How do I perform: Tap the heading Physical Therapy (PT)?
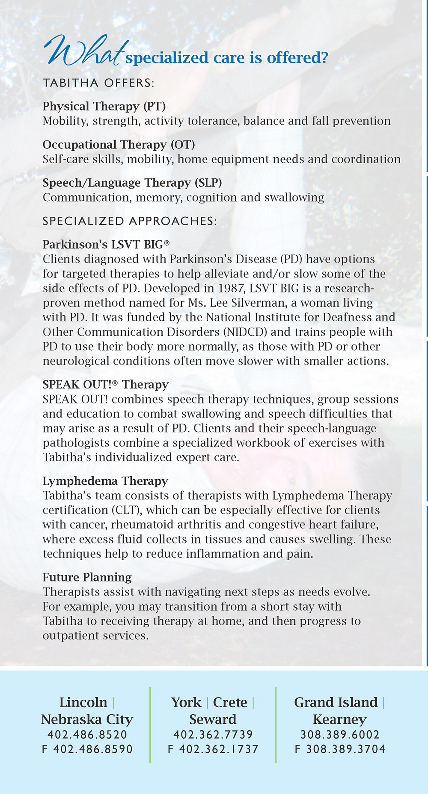click(104, 106)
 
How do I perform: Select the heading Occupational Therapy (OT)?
click(119, 145)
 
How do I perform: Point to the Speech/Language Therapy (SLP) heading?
click(132, 183)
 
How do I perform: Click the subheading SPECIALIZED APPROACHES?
click(130, 221)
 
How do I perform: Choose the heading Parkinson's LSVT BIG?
click(106, 245)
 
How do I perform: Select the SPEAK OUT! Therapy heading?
click(105, 385)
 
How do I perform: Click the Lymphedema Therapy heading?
click(105, 481)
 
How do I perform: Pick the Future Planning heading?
click(87, 577)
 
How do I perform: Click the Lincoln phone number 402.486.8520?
click(87, 735)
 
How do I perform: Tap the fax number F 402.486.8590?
click(87, 749)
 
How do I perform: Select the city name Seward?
click(213, 719)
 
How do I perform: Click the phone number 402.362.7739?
click(213, 735)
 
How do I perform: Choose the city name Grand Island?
click(336, 702)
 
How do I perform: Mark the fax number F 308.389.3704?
click(340, 749)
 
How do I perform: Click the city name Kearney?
click(340, 719)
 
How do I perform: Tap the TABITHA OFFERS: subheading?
click(98, 83)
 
